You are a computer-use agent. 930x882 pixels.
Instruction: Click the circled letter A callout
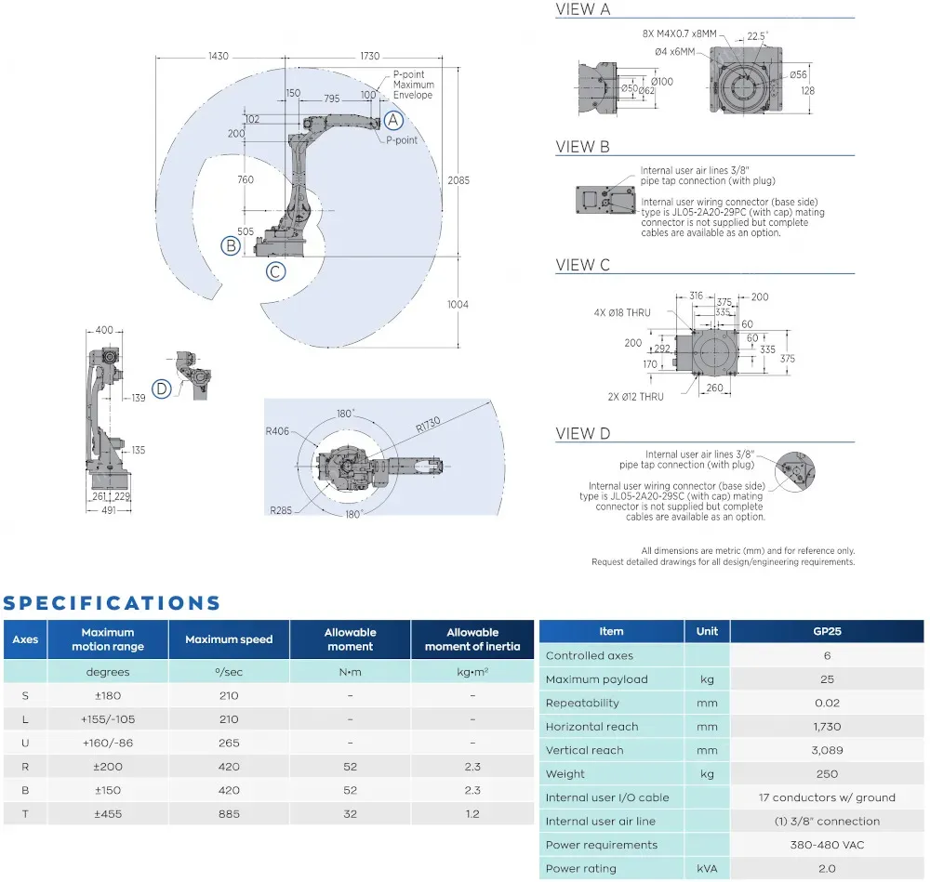(x=393, y=120)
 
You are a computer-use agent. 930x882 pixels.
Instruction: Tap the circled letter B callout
(x=230, y=246)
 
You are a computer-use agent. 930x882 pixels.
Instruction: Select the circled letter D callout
(x=162, y=388)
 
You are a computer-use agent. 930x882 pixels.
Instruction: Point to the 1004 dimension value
(x=458, y=305)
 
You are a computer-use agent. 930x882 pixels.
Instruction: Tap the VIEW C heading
(x=583, y=265)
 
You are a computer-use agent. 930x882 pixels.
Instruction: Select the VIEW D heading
(x=583, y=433)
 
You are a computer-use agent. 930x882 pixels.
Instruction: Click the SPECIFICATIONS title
(x=113, y=603)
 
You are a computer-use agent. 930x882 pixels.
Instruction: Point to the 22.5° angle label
(x=758, y=37)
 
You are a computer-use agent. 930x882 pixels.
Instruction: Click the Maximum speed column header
(x=229, y=639)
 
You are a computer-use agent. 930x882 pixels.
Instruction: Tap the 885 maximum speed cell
(x=228, y=814)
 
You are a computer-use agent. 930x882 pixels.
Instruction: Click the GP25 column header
(x=827, y=631)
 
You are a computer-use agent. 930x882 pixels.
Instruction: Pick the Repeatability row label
(x=582, y=703)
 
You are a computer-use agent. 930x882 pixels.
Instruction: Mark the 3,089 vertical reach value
(x=827, y=750)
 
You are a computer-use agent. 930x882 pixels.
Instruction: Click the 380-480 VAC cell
(x=827, y=845)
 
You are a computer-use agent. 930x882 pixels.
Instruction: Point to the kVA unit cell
(x=707, y=869)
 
